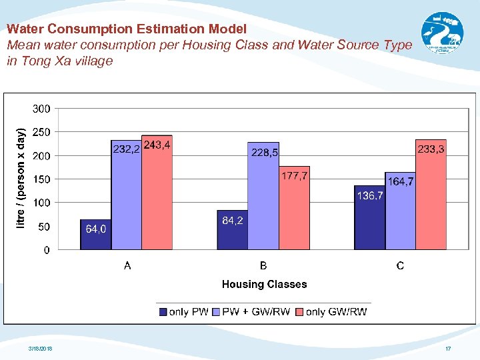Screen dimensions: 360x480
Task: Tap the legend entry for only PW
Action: point(184,311)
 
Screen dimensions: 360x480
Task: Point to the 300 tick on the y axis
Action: point(41,109)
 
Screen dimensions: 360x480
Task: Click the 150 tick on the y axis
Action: point(41,179)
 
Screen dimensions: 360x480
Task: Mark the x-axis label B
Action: point(263,266)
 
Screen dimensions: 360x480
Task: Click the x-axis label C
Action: point(400,266)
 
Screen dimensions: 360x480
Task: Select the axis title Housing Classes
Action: point(264,285)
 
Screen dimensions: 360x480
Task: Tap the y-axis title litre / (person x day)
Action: point(21,178)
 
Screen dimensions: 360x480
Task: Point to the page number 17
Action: point(448,349)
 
